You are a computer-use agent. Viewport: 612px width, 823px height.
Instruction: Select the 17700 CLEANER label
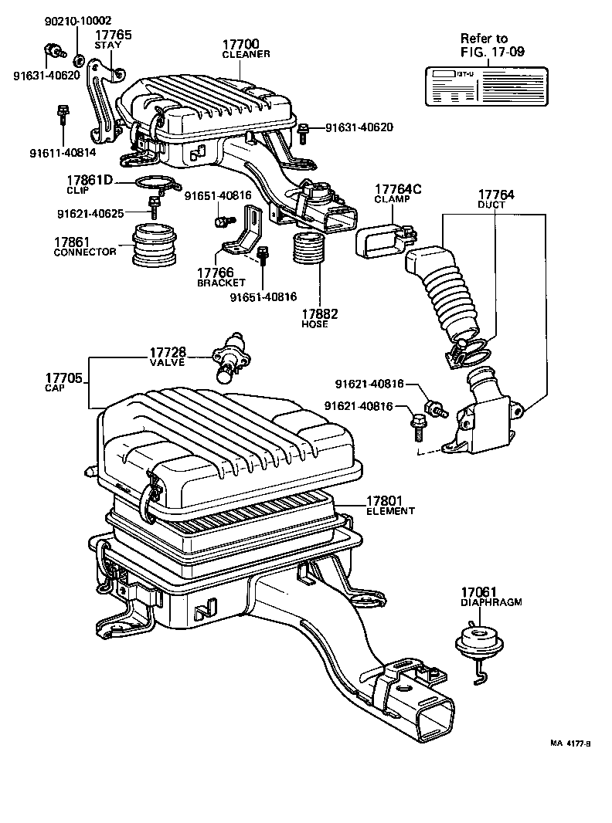pyautogui.click(x=246, y=49)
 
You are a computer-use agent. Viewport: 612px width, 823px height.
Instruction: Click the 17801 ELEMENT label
pyautogui.click(x=390, y=505)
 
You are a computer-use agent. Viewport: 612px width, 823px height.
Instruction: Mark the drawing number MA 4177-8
pyautogui.click(x=570, y=743)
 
